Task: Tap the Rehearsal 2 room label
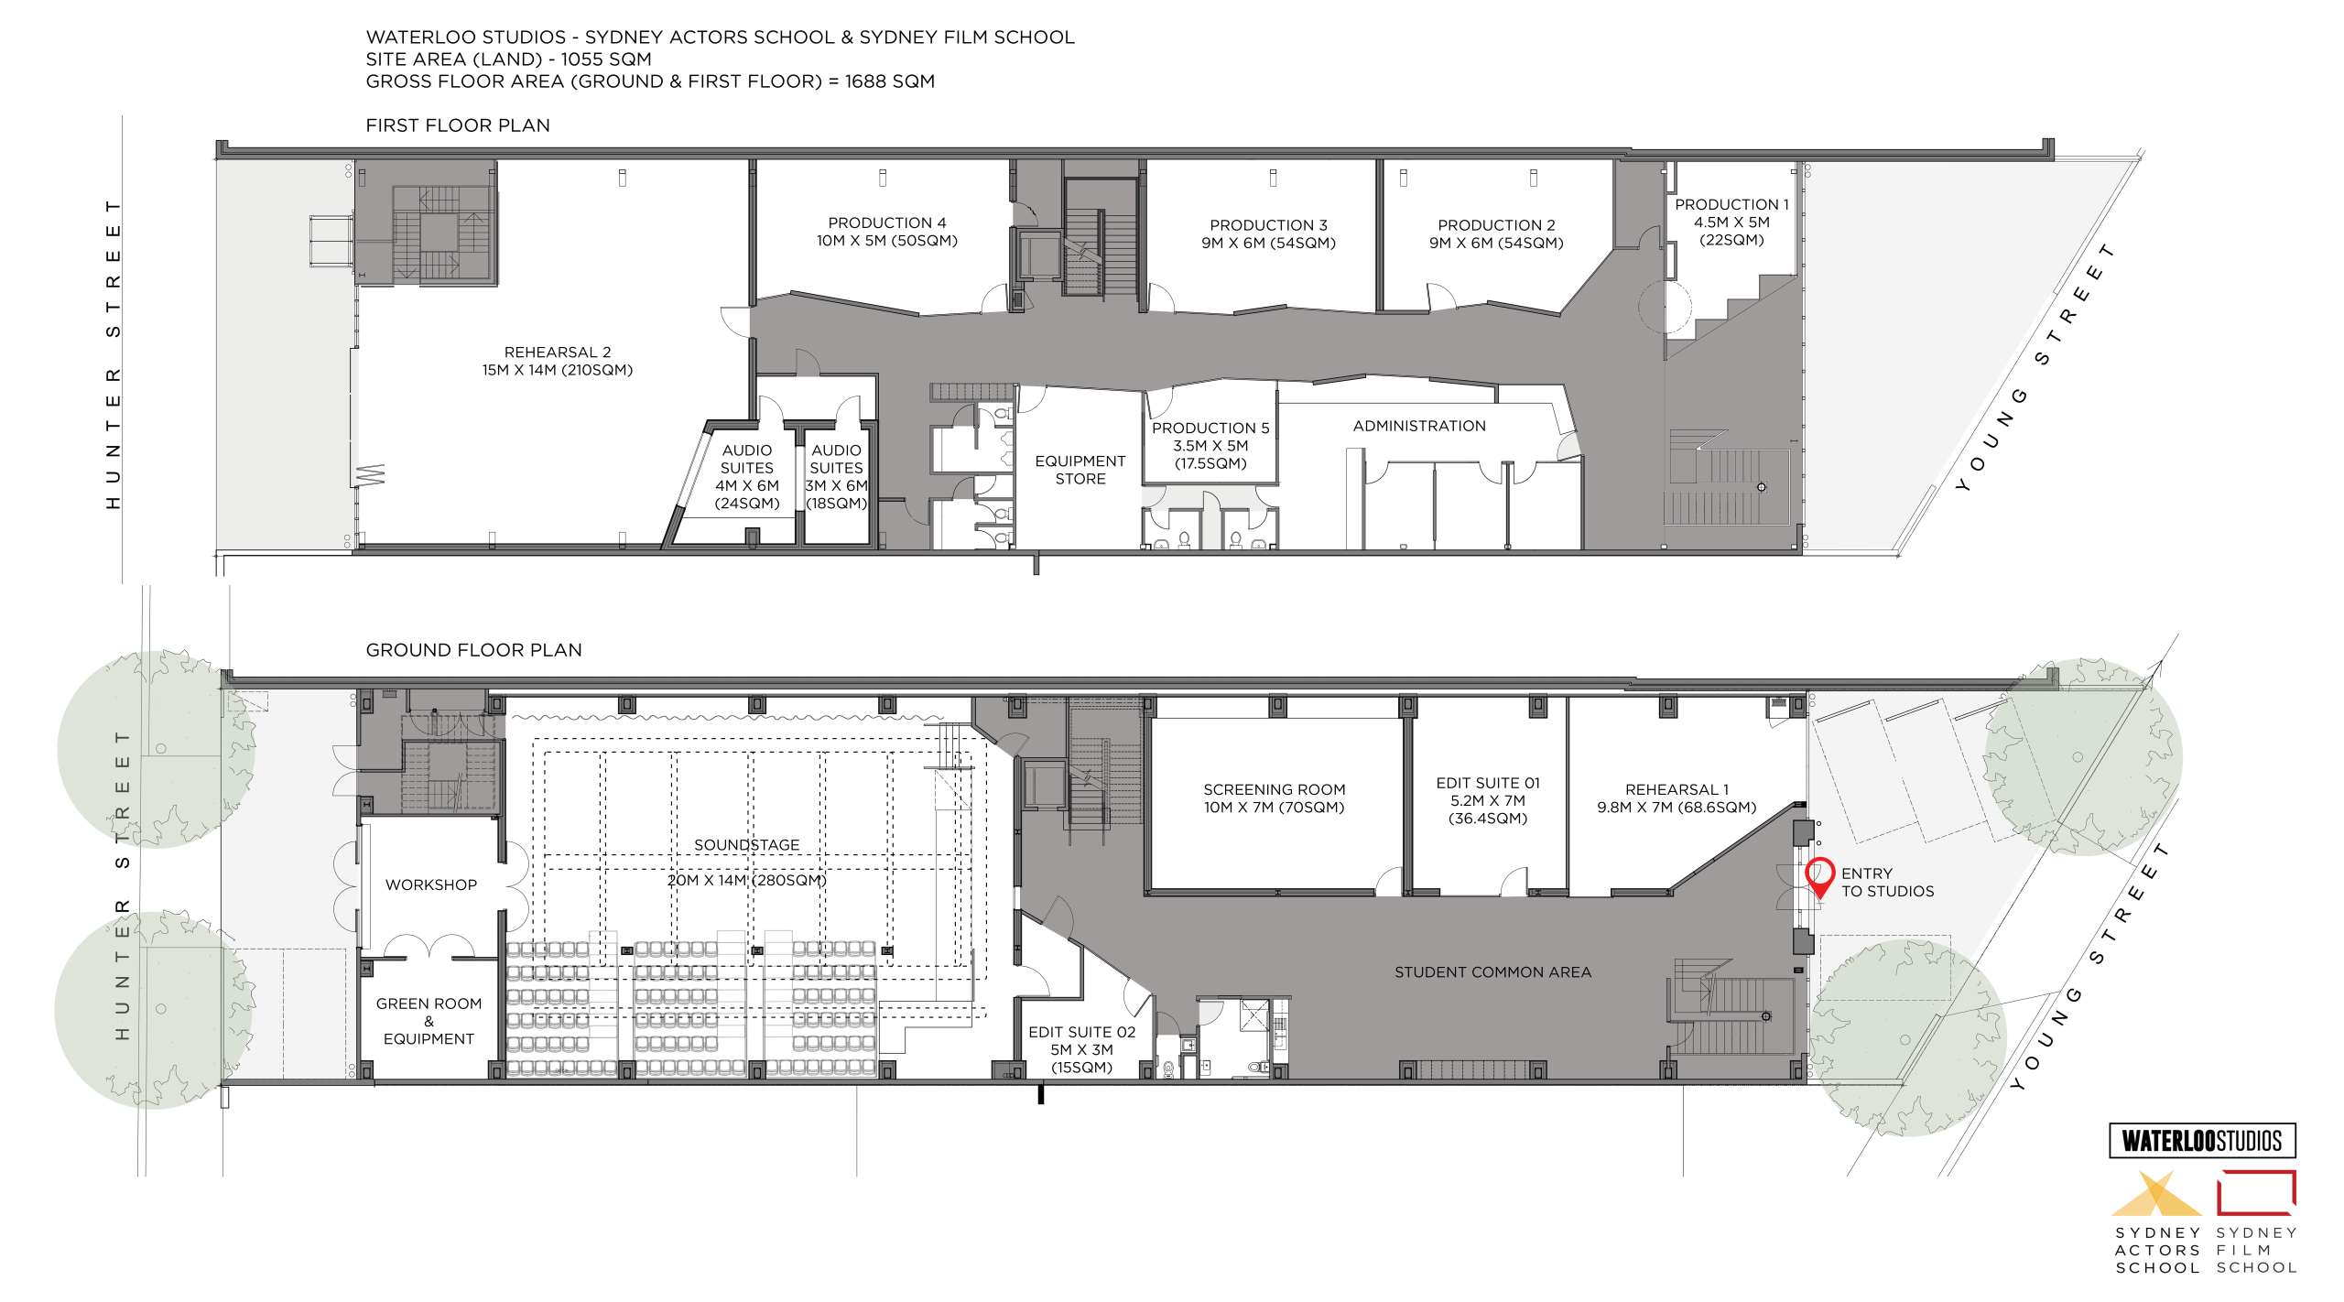pyautogui.click(x=558, y=361)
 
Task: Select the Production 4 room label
pyautogui.click(x=887, y=232)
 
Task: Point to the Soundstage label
pyautogui.click(x=747, y=863)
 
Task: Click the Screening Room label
pyautogui.click(x=1274, y=798)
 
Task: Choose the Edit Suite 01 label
pyautogui.click(x=1488, y=800)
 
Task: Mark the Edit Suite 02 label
pyautogui.click(x=1081, y=1049)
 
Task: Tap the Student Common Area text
pyautogui.click(x=1492, y=972)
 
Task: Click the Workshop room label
pyautogui.click(x=431, y=884)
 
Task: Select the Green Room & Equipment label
pyautogui.click(x=429, y=1021)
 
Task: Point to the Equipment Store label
pyautogui.click(x=1080, y=470)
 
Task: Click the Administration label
pyautogui.click(x=1419, y=426)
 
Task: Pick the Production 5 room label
pyautogui.click(x=1210, y=446)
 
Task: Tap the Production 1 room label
pyautogui.click(x=1731, y=222)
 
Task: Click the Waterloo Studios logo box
pyautogui.click(x=2202, y=1141)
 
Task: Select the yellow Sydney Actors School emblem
pyautogui.click(x=2156, y=1194)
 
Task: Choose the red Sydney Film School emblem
pyautogui.click(x=2256, y=1193)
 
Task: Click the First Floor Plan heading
pyautogui.click(x=458, y=125)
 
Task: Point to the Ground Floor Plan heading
pyautogui.click(x=474, y=650)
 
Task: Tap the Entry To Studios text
pyautogui.click(x=1888, y=883)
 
